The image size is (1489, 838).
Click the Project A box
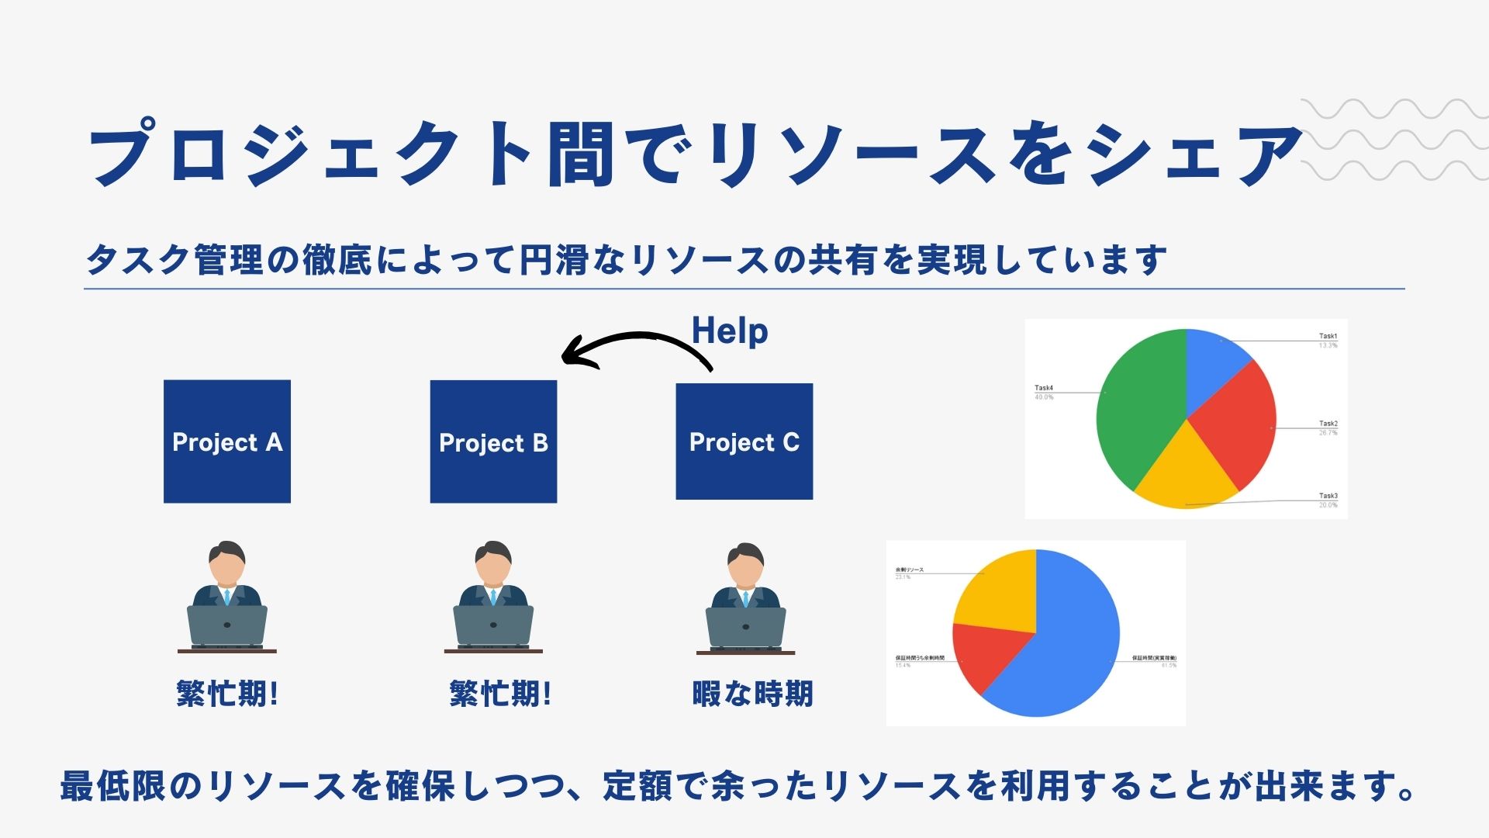point(227,441)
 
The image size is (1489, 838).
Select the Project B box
point(493,441)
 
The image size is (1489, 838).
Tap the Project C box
point(744,441)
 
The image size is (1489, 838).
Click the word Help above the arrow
point(730,331)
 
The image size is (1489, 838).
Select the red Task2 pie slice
point(1237,423)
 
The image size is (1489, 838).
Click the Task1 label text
point(1328,336)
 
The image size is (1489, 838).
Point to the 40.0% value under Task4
point(1044,397)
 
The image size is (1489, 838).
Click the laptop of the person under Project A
point(227,625)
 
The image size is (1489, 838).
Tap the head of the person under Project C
point(745,564)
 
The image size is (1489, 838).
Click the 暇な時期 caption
point(752,693)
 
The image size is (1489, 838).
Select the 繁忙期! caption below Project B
point(500,693)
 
